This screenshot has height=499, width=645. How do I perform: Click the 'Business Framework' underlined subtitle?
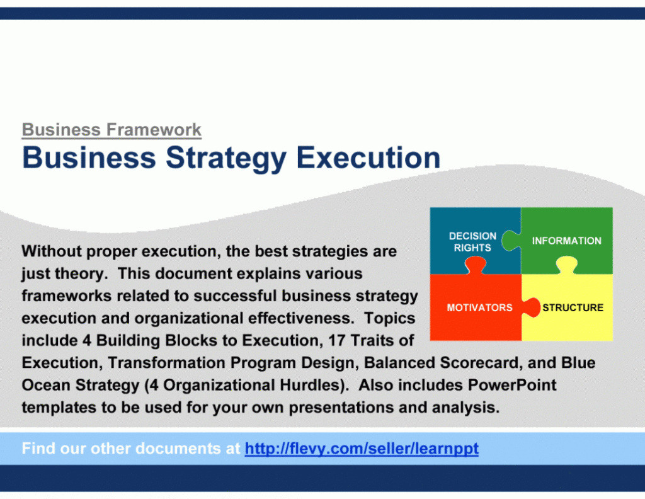coord(111,130)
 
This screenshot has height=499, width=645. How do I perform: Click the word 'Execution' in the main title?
coord(368,158)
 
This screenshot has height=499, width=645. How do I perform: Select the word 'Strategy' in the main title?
coord(225,158)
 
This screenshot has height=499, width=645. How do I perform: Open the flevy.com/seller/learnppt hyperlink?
coord(362,449)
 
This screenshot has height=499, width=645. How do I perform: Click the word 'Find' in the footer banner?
coord(39,449)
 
